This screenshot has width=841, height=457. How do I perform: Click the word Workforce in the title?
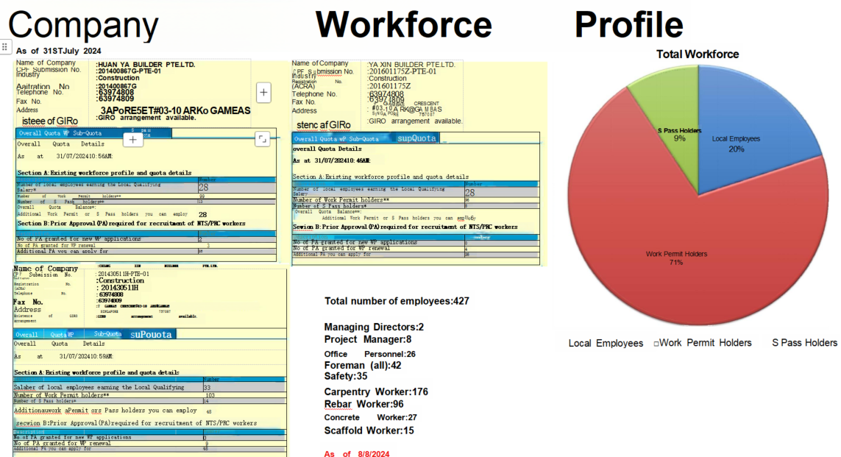point(403,25)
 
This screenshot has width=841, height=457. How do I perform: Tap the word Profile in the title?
point(628,25)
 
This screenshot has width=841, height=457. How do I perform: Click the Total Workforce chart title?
point(698,54)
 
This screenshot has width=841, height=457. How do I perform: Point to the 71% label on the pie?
point(676,262)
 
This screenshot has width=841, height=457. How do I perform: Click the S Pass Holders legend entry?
point(804,343)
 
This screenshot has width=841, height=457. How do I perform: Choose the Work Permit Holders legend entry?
point(705,343)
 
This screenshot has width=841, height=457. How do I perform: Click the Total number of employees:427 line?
point(397,301)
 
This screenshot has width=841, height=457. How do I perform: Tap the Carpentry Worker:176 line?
point(376,392)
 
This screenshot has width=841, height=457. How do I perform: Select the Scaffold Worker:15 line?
point(369,431)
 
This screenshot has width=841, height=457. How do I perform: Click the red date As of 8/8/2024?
point(357,453)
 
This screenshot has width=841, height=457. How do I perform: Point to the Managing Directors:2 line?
point(374,327)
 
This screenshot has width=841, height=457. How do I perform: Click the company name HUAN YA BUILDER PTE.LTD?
point(146,65)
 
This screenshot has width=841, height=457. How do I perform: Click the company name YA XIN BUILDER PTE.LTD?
point(413,65)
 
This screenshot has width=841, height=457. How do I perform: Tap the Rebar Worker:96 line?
point(364,404)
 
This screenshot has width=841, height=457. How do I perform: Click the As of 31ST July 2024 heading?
point(59,51)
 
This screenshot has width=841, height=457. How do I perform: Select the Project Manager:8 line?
point(368,339)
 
